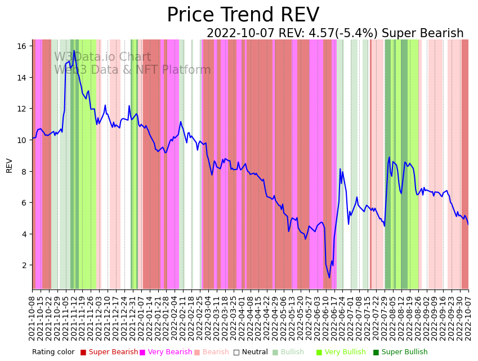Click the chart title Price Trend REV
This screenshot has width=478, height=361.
[243, 15]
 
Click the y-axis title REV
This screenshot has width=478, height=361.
[10, 165]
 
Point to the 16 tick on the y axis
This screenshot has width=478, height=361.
[23, 46]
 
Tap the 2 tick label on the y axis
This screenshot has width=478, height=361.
[25, 265]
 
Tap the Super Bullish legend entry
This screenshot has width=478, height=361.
[404, 352]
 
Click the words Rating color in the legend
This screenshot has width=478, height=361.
[53, 352]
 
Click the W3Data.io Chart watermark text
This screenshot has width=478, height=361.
[102, 57]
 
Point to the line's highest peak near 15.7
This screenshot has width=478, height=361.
[74, 51]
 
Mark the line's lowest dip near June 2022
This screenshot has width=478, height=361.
[329, 277]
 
